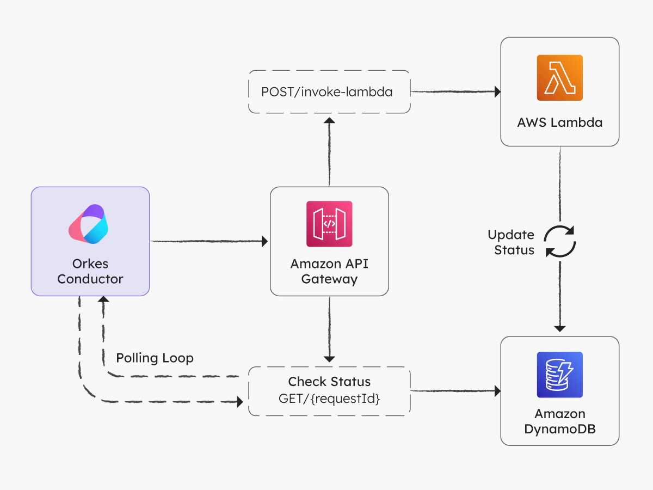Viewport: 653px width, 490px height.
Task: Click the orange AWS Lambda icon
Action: pos(559,78)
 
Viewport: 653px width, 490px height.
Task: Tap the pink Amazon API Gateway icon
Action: pos(329,224)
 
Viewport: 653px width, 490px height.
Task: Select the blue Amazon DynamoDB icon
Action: pos(559,375)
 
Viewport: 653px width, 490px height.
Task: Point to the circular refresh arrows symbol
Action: pos(560,241)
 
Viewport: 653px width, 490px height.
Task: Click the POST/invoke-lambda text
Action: pos(327,92)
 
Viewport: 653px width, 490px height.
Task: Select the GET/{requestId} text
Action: pos(329,398)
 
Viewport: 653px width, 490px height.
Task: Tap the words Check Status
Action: pos(329,382)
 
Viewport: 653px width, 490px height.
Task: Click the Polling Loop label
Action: pos(155,358)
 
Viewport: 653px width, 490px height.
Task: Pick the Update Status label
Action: pos(510,242)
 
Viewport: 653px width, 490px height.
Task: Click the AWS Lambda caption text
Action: pos(559,122)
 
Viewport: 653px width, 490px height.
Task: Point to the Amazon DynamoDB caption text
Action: pos(559,422)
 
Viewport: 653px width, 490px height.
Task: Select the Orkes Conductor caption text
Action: pos(90,272)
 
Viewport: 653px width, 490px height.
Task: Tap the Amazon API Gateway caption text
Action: pos(329,272)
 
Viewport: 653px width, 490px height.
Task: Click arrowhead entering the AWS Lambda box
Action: pos(497,92)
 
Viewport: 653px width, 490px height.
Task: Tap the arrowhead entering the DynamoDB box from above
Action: pos(560,328)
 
